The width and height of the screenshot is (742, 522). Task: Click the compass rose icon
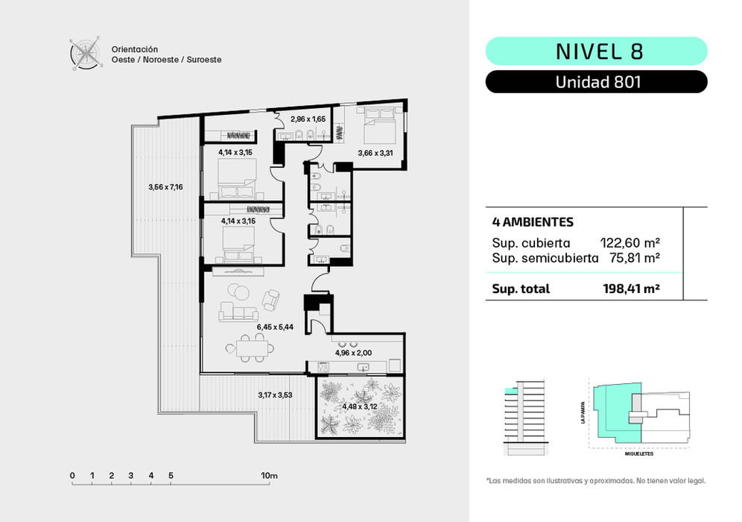click(86, 53)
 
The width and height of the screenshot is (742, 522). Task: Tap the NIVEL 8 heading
click(599, 51)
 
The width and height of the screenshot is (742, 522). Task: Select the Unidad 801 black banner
click(596, 82)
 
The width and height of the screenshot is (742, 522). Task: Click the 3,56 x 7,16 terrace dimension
click(165, 187)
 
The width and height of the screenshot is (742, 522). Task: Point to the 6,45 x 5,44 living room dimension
click(275, 327)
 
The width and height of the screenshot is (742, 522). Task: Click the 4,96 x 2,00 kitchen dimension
click(353, 353)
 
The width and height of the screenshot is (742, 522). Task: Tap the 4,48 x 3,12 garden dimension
click(360, 406)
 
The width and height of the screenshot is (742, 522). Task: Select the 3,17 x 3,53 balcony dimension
click(275, 394)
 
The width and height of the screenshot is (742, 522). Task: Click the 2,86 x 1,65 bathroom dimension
click(308, 119)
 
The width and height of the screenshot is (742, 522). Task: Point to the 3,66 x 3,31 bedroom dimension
click(375, 153)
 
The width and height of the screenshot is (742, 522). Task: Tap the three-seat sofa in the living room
click(238, 313)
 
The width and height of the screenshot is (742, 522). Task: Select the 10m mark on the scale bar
click(269, 476)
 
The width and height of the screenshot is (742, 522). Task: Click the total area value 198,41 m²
click(631, 289)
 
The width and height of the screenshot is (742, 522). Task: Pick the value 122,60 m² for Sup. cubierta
click(630, 243)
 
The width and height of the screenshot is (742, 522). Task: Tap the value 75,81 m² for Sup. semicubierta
click(634, 258)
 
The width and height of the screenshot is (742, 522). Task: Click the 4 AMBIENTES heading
click(533, 221)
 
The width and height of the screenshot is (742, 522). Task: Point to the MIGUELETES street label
click(639, 454)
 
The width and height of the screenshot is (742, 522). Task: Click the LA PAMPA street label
click(583, 412)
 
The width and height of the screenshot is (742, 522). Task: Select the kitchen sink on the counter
click(364, 367)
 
